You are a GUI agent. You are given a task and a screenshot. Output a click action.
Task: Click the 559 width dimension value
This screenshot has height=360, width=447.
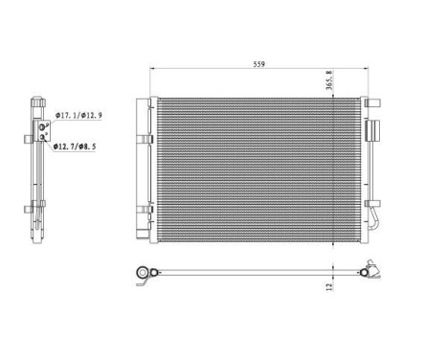258,65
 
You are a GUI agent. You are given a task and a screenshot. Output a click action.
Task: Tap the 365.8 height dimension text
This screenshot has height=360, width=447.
331,85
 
